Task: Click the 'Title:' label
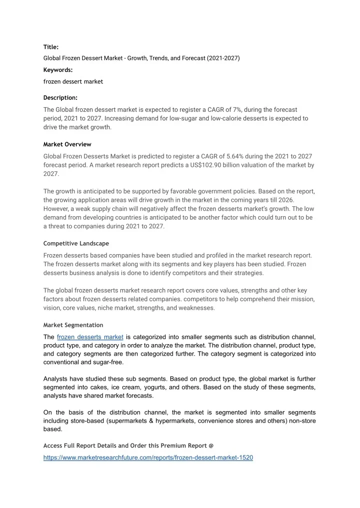(51, 47)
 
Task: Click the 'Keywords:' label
(58, 70)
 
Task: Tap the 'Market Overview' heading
(67, 144)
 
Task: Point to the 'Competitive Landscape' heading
(76, 243)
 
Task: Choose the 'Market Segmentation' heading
(73, 325)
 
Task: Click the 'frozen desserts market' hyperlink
(90, 337)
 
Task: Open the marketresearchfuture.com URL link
(148, 458)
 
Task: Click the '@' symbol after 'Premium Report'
(211, 445)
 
